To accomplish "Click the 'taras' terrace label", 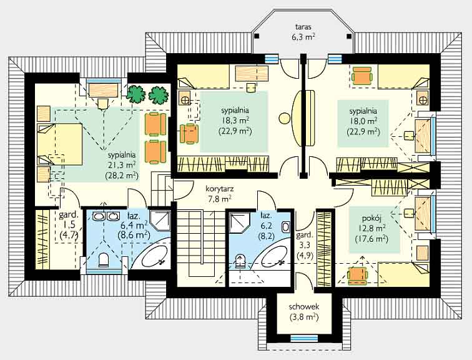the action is pos(303,26).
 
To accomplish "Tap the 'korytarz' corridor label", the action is pos(219,189).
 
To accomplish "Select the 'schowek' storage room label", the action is pos(303,307).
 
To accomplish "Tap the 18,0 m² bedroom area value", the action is pos(363,121).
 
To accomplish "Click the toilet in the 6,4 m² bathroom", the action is pos(103,260).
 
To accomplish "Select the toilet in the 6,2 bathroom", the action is pos(240,261).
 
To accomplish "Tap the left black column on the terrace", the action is pos(256,36).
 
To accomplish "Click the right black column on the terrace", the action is pos(349,36).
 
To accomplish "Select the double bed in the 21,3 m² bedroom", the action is pos(59,144).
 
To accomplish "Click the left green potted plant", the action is pos(135,94).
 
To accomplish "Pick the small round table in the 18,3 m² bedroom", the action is pos(284,117).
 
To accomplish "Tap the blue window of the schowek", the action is pos(303,338).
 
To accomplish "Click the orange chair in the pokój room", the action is pos(358,276).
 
